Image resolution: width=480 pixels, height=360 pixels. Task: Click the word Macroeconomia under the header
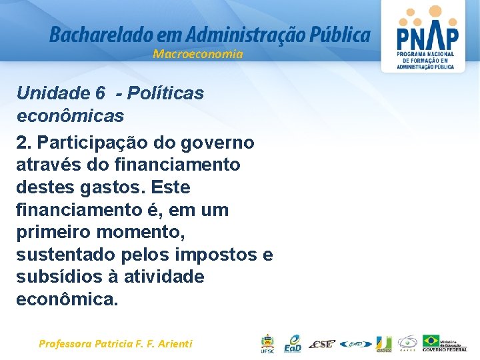pyautogui.click(x=198, y=54)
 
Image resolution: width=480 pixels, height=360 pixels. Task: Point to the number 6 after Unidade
pyautogui.click(x=100, y=93)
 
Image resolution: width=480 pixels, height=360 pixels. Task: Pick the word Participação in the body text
pyautogui.click(x=86, y=143)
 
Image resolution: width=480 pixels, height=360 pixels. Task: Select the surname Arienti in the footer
pyautogui.click(x=172, y=344)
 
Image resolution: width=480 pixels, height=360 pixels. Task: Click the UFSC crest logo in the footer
pyautogui.click(x=267, y=344)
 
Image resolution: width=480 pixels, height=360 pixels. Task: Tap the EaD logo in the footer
pyautogui.click(x=292, y=344)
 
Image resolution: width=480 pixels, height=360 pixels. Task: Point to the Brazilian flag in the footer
pyautogui.click(x=431, y=341)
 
